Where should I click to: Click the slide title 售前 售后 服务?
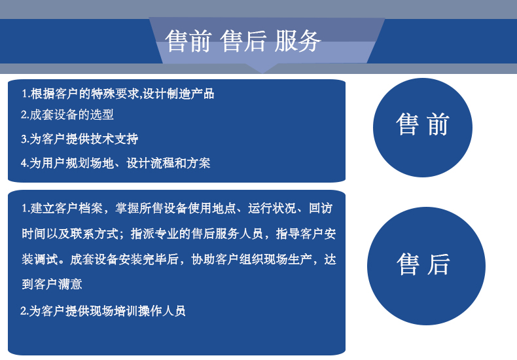(x=243, y=41)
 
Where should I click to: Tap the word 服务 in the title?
(x=297, y=41)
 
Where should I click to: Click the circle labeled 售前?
(x=423, y=128)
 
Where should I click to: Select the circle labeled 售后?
(x=426, y=266)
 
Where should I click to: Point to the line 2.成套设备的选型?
(x=67, y=115)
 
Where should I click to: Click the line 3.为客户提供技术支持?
(x=79, y=139)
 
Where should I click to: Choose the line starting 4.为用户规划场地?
(x=115, y=163)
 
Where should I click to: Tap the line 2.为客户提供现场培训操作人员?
(x=103, y=311)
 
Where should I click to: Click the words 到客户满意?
(x=52, y=284)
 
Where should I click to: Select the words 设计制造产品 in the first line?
(x=179, y=94)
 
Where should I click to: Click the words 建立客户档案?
(x=67, y=208)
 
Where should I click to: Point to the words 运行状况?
(x=272, y=208)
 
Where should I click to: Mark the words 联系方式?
(x=94, y=234)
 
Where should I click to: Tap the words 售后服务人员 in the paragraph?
(x=227, y=234)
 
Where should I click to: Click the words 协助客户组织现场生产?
(x=251, y=259)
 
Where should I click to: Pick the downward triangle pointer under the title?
(x=262, y=68)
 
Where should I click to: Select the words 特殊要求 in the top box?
(x=115, y=94)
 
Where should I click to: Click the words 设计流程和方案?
(x=168, y=163)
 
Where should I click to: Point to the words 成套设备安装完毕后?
(x=124, y=259)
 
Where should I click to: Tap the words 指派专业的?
(x=160, y=234)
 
